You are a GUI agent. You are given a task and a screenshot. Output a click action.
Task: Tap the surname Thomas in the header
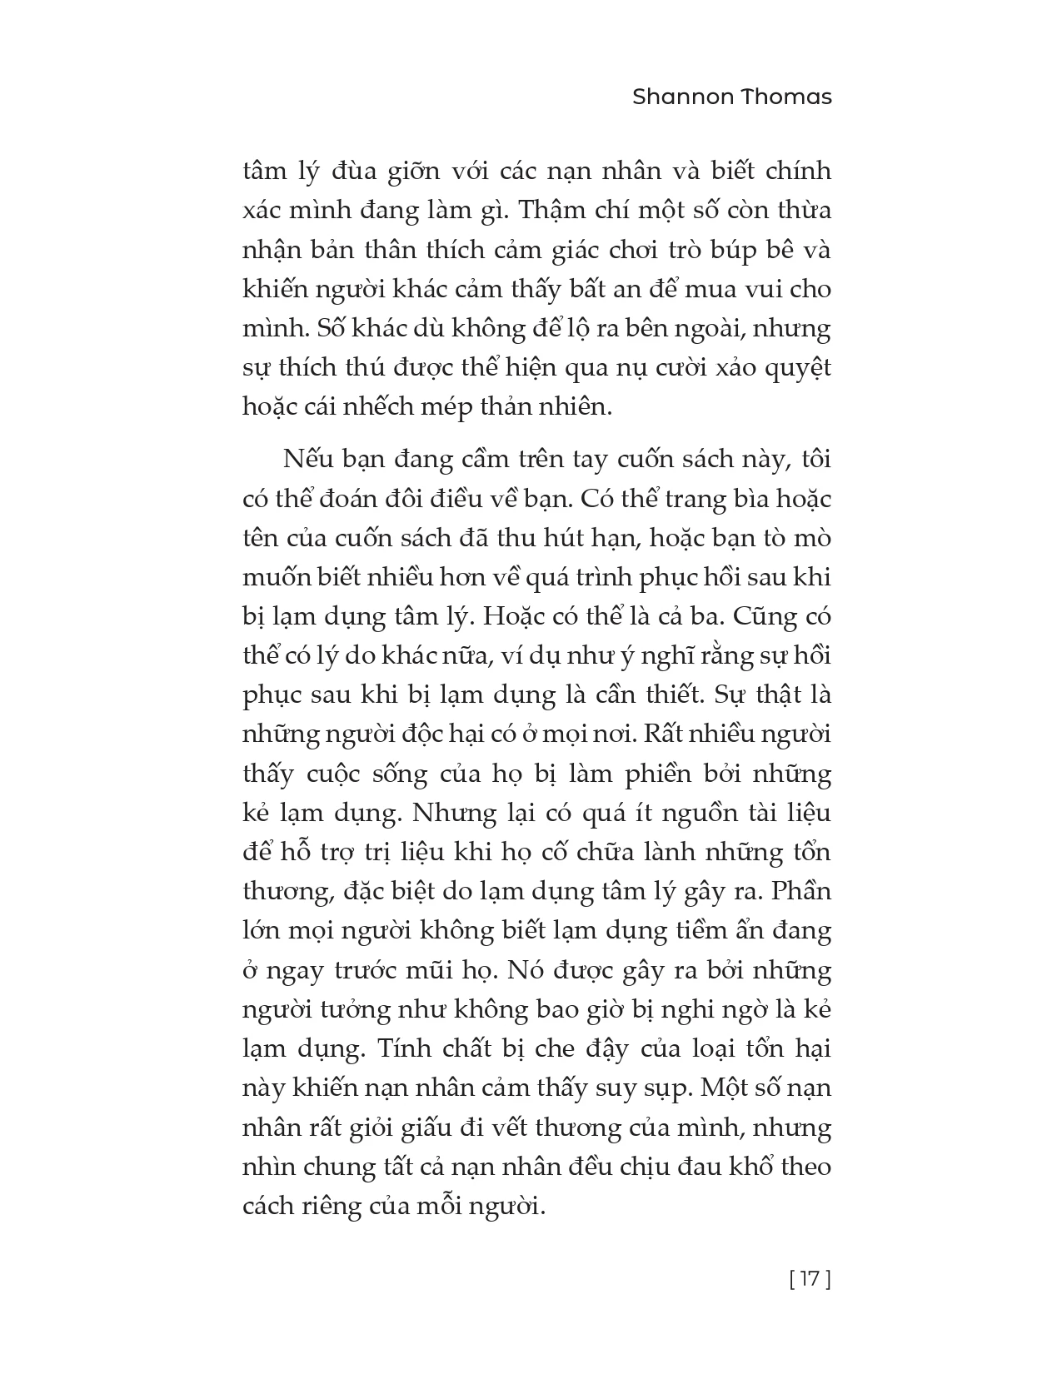point(791,97)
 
